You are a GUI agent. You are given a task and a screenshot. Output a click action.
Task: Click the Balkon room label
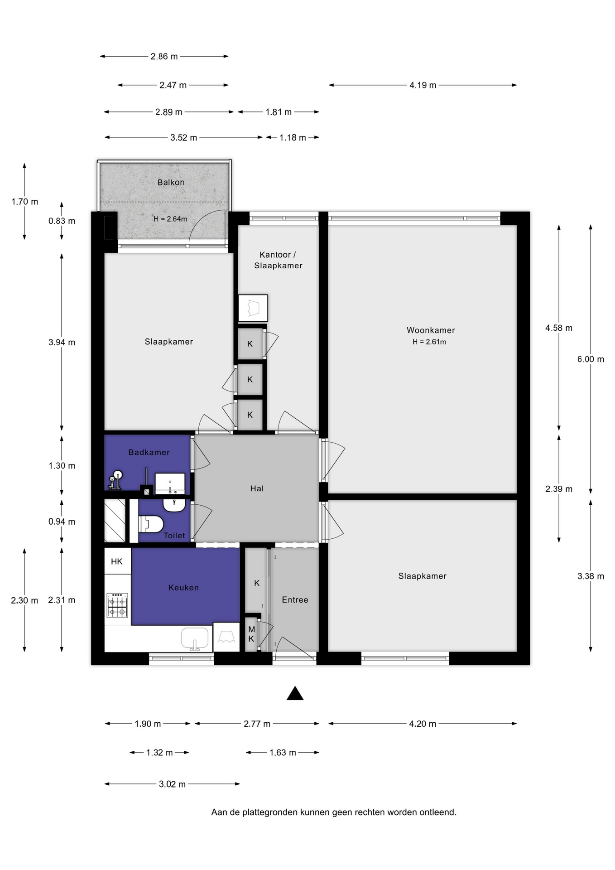tap(171, 182)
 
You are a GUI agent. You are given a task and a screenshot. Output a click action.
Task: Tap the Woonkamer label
tap(431, 330)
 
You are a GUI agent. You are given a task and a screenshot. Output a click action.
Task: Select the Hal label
tap(257, 488)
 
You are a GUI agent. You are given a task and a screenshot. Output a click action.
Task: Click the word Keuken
tap(183, 588)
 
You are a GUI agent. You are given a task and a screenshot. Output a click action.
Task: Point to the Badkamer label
tap(149, 452)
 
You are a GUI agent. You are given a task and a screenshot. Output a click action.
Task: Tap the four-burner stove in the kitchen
tap(117, 605)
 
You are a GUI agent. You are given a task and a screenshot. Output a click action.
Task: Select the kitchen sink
tap(195, 639)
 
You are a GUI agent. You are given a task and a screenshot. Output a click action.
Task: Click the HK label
tap(117, 562)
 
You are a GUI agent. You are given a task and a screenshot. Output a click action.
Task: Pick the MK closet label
tap(251, 634)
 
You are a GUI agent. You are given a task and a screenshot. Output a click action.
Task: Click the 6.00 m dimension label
tap(591, 359)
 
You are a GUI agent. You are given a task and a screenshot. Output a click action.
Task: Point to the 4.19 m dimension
tap(423, 85)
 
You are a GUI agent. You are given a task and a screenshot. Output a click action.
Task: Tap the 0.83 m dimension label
tap(62, 221)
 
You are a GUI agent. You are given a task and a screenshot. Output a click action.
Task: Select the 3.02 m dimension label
tap(172, 784)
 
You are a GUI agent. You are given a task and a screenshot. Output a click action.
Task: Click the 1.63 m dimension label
tap(283, 753)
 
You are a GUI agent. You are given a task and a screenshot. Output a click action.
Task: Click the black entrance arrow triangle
tap(295, 694)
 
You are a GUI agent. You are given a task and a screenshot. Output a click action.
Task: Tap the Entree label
tap(295, 600)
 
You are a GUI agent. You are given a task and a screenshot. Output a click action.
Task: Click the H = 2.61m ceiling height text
tap(429, 342)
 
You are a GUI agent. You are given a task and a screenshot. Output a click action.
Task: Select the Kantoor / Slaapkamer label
tap(278, 260)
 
